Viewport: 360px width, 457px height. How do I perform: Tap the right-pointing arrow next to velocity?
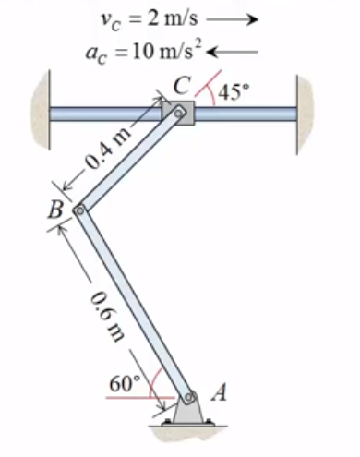click(x=234, y=18)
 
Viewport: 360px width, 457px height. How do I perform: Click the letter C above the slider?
click(x=181, y=86)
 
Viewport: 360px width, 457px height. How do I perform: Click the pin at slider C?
click(x=179, y=114)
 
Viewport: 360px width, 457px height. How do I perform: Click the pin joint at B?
click(x=79, y=211)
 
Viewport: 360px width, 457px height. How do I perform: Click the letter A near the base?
click(x=219, y=391)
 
